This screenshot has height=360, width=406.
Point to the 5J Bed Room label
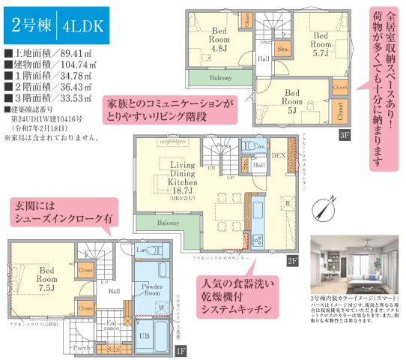point(293,102)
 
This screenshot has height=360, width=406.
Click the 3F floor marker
point(344,135)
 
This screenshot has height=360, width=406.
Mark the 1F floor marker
point(179,349)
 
